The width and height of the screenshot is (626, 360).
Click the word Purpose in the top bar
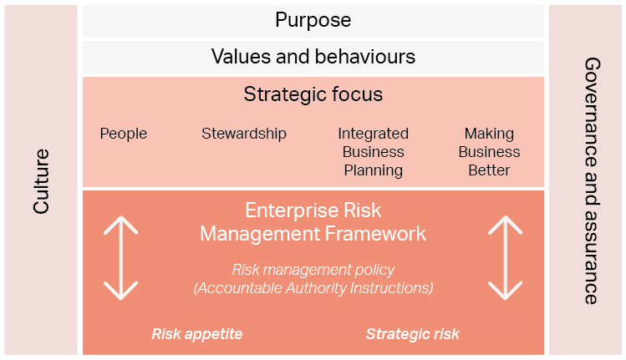(313, 20)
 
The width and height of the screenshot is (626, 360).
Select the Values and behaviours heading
(313, 56)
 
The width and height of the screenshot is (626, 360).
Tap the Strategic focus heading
(313, 94)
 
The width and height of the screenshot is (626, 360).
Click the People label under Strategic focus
(124, 134)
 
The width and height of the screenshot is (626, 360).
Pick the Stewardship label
(244, 134)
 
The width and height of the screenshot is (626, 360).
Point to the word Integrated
(374, 134)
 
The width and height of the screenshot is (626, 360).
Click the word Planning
(374, 170)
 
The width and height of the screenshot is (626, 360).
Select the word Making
(489, 134)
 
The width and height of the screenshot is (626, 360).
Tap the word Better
(489, 170)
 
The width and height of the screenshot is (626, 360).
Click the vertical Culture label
(41, 181)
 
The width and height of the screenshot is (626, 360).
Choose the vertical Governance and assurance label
(593, 180)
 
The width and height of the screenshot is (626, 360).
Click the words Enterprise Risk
(313, 210)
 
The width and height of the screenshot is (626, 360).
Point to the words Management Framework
(313, 234)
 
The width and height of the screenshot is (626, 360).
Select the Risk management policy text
(313, 270)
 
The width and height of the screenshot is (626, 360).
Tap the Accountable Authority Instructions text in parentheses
(313, 288)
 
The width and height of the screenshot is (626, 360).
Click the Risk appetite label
(197, 334)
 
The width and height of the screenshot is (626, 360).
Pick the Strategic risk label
(413, 334)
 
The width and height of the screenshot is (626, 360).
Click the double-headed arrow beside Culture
(121, 258)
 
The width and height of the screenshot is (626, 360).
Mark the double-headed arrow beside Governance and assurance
(506, 258)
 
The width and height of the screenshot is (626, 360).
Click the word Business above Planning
(374, 152)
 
